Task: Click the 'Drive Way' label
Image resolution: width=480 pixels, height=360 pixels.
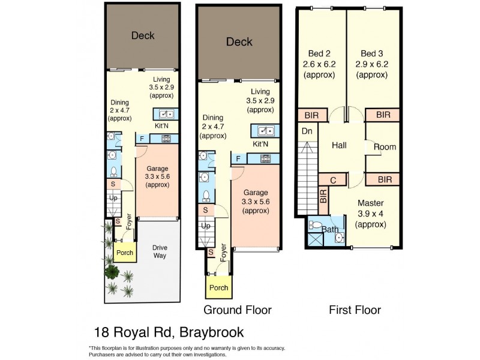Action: pos(159,251)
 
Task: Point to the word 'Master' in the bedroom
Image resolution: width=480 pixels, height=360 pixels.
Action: pos(370,203)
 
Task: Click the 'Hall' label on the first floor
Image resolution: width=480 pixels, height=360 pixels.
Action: pos(339,145)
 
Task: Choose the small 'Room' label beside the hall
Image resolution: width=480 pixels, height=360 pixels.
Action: pos(385,147)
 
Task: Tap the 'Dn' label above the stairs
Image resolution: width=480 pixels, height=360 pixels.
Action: pos(307,130)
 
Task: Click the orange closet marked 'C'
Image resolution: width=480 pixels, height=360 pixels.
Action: pos(334,179)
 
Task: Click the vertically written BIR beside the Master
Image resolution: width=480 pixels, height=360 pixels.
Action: pos(323,199)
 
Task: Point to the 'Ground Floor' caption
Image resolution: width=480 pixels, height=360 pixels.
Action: pos(238,310)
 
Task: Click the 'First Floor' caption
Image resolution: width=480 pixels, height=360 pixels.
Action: pos(355,310)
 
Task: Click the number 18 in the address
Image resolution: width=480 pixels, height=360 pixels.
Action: pos(101,332)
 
